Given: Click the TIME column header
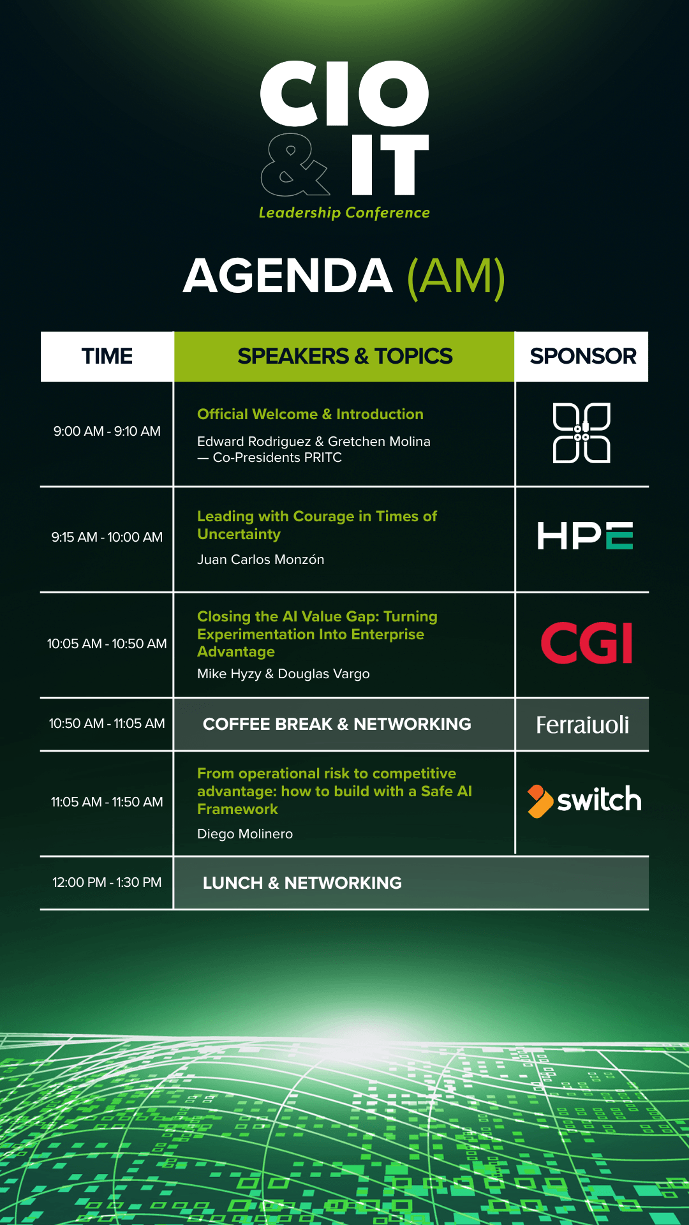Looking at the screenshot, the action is pyautogui.click(x=107, y=356).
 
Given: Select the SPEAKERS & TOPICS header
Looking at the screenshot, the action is pyautogui.click(x=344, y=356).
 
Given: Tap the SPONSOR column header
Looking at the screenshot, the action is pyautogui.click(x=583, y=356).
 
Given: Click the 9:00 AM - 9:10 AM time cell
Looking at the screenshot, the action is pyautogui.click(x=107, y=431).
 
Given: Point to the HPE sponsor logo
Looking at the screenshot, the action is pyautogui.click(x=585, y=535).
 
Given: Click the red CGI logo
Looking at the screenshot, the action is pyautogui.click(x=586, y=643).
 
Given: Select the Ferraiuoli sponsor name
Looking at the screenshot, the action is pyautogui.click(x=582, y=725).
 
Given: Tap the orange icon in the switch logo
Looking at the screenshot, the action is pyautogui.click(x=539, y=801).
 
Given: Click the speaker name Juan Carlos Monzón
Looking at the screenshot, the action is pyautogui.click(x=261, y=560).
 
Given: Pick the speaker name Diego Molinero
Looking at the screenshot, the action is pyautogui.click(x=245, y=834).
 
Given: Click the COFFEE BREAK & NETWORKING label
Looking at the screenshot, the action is pyautogui.click(x=337, y=724).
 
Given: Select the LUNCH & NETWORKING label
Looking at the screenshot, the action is pyautogui.click(x=302, y=883).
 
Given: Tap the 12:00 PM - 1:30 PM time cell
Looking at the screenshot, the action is pyautogui.click(x=107, y=882).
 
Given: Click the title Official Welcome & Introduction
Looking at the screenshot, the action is pyautogui.click(x=310, y=414).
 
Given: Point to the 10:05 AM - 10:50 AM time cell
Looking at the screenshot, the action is pyautogui.click(x=107, y=644).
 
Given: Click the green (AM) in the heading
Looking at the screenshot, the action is pyautogui.click(x=456, y=277).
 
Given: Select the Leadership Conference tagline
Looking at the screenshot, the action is pyautogui.click(x=344, y=212).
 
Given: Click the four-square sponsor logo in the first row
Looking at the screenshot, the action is pyautogui.click(x=581, y=433).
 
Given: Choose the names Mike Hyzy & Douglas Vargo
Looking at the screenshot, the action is pyautogui.click(x=283, y=674).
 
